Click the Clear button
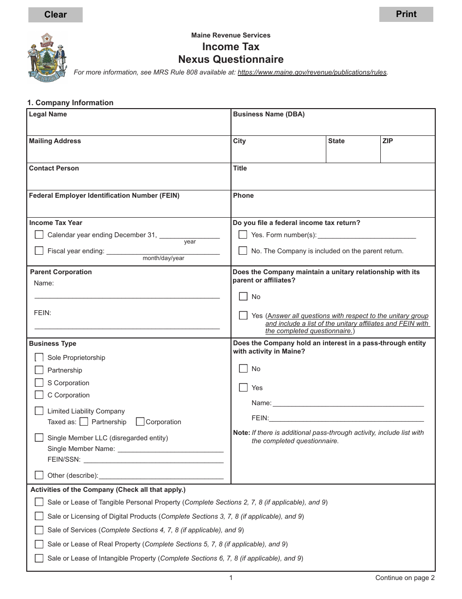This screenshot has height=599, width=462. click(55, 15)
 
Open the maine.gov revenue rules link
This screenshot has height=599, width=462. click(312, 72)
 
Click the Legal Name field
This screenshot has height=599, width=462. click(128, 126)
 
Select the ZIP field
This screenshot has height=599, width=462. click(407, 152)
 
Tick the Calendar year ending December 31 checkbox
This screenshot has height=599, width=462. click(39, 235)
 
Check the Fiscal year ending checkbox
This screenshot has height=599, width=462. click(39, 251)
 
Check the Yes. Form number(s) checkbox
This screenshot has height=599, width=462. click(243, 235)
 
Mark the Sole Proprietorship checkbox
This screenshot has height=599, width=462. click(39, 357)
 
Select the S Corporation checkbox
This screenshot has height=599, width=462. click(39, 383)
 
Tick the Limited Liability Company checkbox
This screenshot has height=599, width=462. click(39, 411)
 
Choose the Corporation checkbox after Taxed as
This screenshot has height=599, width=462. click(140, 422)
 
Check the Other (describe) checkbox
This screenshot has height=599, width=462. click(39, 475)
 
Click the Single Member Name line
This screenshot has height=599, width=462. click(170, 449)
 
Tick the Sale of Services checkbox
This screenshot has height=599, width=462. click(39, 530)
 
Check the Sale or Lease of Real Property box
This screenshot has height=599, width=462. click(39, 544)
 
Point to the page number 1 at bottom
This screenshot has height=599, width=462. click(231, 578)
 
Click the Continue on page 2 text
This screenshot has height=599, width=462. click(405, 578)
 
